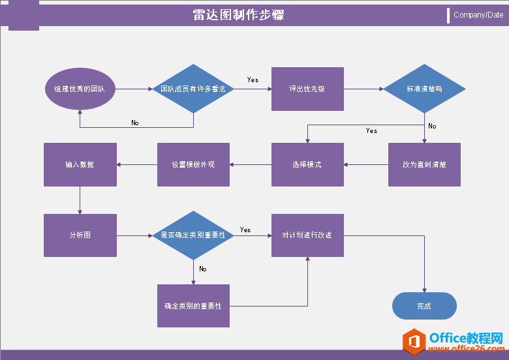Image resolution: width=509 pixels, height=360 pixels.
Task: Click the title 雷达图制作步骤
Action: pos(238,15)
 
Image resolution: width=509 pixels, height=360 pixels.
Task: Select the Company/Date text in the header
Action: pos(478,15)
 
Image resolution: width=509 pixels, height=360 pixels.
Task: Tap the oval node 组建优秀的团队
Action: pos(80,89)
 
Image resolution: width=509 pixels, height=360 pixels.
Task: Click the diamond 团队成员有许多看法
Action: pos(193,89)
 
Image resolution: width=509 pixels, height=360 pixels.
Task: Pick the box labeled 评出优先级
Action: pos(307,89)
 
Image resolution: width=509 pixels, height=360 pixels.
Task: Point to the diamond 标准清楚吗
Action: pos(424,89)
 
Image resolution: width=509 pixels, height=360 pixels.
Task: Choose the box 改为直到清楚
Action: pos(424,164)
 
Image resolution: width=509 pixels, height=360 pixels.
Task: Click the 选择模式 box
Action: pos(307,164)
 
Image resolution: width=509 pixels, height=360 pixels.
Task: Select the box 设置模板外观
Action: pos(193,164)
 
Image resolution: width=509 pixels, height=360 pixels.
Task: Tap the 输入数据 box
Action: pos(80,164)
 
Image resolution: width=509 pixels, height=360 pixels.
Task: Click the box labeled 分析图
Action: pos(80,235)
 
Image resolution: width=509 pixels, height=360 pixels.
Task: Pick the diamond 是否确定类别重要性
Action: pos(193,235)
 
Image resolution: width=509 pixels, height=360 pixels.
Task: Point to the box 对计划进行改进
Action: pos(307,235)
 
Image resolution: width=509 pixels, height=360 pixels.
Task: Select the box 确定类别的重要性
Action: pos(193,305)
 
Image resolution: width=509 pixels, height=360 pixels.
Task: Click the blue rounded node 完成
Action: pos(424,305)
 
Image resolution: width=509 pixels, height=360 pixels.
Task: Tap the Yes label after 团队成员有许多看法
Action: pos(253,80)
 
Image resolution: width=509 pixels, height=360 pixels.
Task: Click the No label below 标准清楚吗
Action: pos(432,126)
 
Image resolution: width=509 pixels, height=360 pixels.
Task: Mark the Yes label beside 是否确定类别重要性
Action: pos(245,230)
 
